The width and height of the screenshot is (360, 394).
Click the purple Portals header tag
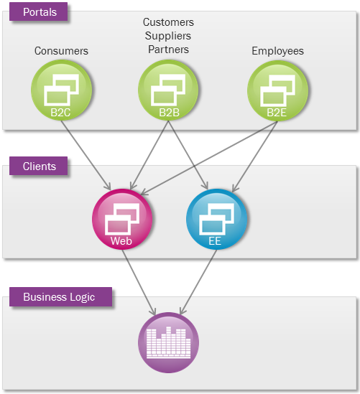click(39, 11)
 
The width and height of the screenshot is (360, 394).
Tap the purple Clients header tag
click(39, 166)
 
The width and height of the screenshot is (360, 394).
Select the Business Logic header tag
click(60, 297)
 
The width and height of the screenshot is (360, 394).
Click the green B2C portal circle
click(61, 90)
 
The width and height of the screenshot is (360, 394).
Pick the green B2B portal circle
click(168, 90)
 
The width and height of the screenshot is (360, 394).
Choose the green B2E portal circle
click(277, 90)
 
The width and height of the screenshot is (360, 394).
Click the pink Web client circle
click(122, 219)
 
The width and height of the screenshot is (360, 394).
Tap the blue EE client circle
click(216, 219)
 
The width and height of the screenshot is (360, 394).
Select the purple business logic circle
click(168, 343)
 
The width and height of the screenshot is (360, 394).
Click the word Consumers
click(61, 51)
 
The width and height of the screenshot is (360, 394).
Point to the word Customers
click(168, 22)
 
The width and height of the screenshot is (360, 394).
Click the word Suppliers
click(168, 36)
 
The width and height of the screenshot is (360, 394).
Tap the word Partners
click(168, 50)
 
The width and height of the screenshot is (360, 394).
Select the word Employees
click(278, 51)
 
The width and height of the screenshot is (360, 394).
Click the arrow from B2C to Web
click(86, 155)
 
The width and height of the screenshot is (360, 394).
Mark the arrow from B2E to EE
click(254, 156)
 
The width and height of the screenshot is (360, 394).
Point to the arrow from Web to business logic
click(139, 282)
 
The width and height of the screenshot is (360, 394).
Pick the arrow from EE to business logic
click(198, 282)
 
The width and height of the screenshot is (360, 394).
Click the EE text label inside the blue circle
click(215, 241)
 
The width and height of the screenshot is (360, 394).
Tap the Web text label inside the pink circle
click(121, 241)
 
